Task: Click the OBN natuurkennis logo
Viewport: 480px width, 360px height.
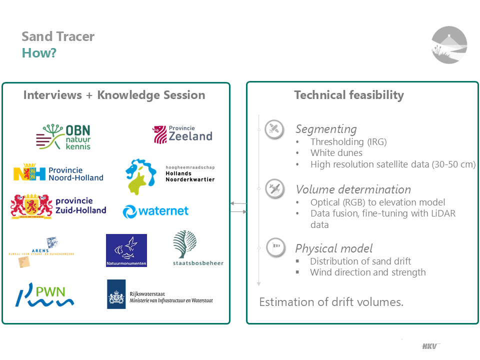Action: point(63,136)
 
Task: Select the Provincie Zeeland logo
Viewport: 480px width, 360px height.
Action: point(182,133)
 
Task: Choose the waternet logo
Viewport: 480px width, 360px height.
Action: point(156,211)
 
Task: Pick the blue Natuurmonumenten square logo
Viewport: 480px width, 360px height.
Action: point(126,250)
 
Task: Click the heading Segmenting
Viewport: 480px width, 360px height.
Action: point(326,129)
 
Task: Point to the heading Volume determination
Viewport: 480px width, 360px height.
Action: point(353,189)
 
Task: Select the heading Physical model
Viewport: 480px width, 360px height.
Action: point(334,248)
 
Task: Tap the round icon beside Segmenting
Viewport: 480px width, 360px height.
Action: point(274,129)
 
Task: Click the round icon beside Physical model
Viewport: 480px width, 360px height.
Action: point(274,248)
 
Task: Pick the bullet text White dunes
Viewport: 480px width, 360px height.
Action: point(336,153)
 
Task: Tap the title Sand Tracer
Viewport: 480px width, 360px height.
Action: point(58,36)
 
